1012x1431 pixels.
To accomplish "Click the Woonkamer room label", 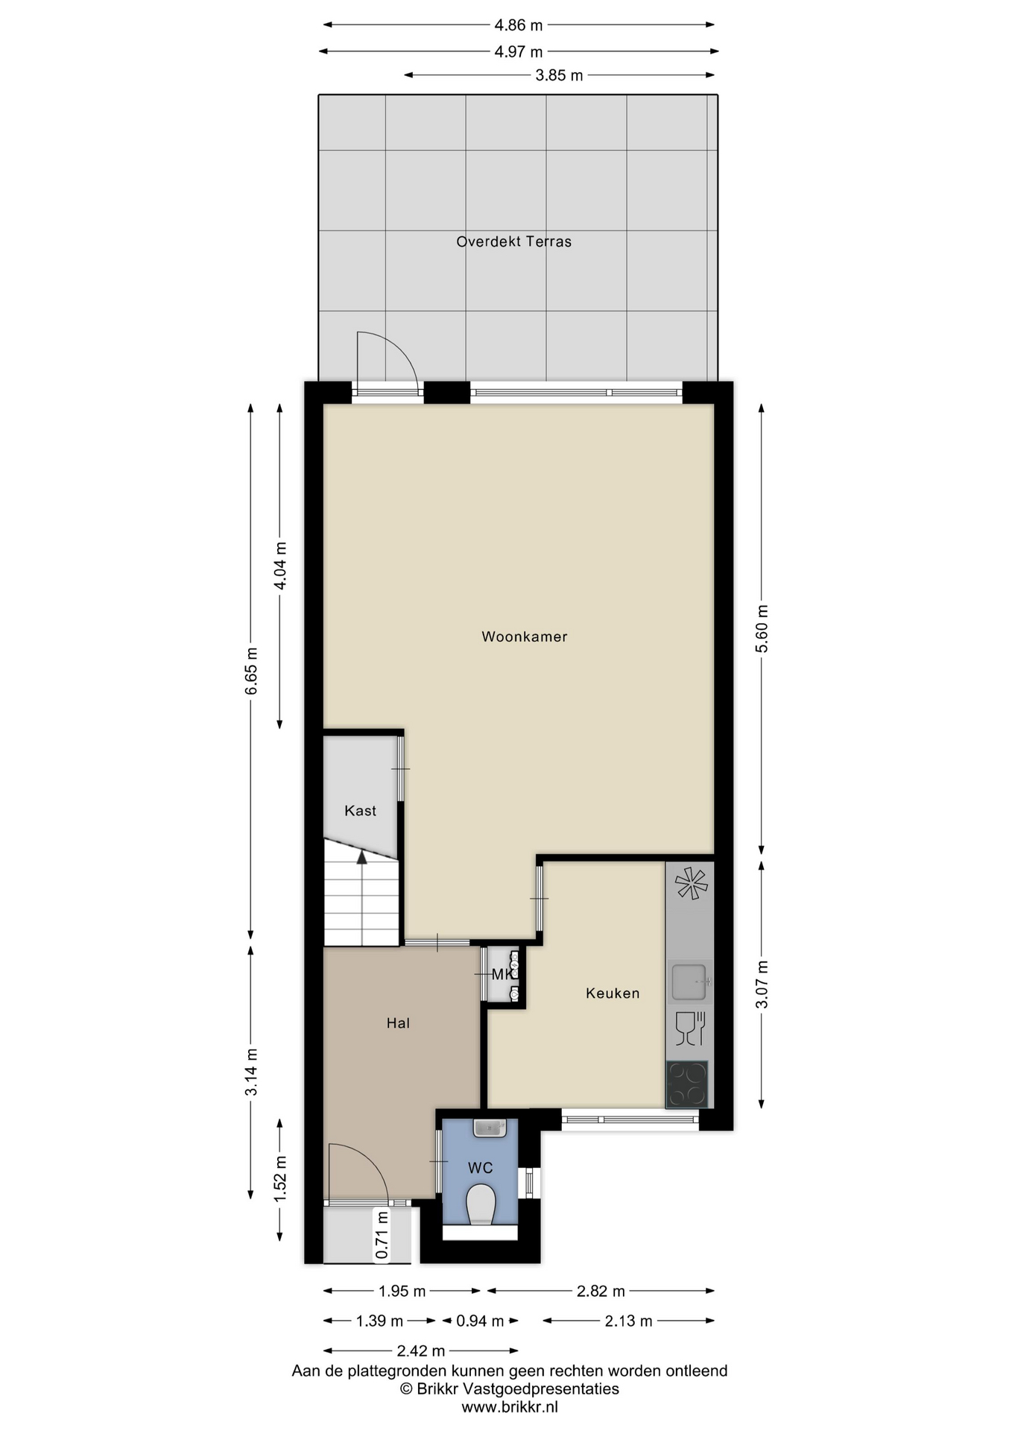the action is click(x=524, y=636).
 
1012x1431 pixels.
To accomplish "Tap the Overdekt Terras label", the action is click(x=513, y=241).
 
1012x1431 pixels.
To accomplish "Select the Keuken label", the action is click(x=613, y=993).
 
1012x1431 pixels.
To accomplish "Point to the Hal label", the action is click(x=398, y=1023).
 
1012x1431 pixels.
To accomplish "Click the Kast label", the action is click(x=360, y=811).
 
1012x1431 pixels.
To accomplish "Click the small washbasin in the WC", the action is click(x=490, y=1128).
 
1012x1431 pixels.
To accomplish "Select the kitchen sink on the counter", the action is click(x=690, y=982).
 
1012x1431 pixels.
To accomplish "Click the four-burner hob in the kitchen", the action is click(x=687, y=1084).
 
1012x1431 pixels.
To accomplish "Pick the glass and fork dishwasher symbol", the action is click(x=690, y=1029).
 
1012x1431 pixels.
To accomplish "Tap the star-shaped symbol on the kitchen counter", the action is click(x=691, y=883).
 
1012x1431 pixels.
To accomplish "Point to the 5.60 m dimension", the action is click(x=762, y=628).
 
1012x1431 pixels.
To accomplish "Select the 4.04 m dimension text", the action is click(x=280, y=566).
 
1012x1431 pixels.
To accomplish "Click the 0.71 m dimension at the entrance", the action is click(x=382, y=1235).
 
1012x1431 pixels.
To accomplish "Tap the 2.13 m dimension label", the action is click(x=629, y=1321).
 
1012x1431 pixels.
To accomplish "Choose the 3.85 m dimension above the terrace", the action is click(x=560, y=75).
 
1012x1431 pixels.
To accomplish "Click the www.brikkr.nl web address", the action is click(x=510, y=1407).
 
